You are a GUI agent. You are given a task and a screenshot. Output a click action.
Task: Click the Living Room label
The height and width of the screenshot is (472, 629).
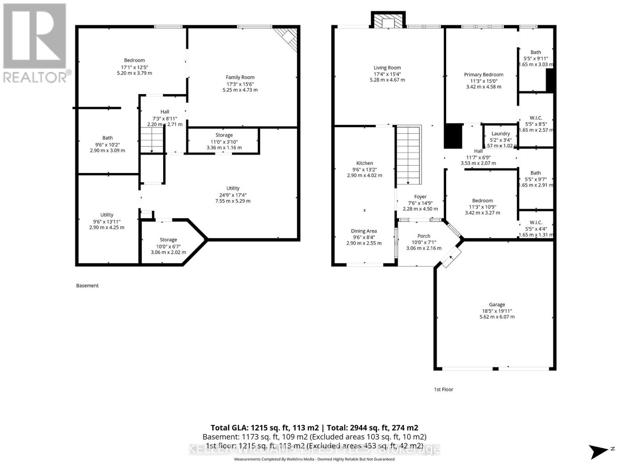pyautogui.click(x=387, y=68)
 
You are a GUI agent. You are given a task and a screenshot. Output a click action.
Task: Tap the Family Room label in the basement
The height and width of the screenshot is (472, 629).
pyautogui.click(x=240, y=77)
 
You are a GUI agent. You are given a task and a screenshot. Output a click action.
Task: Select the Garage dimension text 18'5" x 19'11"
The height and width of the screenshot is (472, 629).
pyautogui.click(x=497, y=311)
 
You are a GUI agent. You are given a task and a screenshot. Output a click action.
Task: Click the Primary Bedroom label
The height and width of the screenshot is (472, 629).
pyautogui.click(x=484, y=75)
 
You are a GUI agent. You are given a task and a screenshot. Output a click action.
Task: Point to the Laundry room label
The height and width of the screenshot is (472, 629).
pyautogui.click(x=500, y=134)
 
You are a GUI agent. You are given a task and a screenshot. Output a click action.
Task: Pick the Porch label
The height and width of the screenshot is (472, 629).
pyautogui.click(x=424, y=236)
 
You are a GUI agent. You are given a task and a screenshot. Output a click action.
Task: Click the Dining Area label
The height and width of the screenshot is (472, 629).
pyautogui.click(x=364, y=231)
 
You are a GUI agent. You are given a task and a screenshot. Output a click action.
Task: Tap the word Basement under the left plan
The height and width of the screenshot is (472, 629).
pyautogui.click(x=87, y=286)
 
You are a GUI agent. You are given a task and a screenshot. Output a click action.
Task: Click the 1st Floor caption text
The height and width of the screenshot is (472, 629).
pyautogui.click(x=443, y=389)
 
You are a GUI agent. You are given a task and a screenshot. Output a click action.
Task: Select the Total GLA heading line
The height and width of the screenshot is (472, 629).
pyautogui.click(x=314, y=428)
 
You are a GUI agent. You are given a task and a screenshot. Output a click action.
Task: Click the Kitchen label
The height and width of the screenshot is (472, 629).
pyautogui.click(x=364, y=163)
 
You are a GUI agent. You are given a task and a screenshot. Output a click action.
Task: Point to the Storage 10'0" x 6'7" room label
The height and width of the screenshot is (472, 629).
pyautogui.click(x=168, y=240)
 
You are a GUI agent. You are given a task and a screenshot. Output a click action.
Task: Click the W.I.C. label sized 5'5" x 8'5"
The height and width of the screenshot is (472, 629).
pyautogui.click(x=535, y=118)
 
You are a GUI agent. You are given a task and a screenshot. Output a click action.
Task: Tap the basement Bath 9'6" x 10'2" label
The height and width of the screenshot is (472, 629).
pyautogui.click(x=107, y=138)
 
